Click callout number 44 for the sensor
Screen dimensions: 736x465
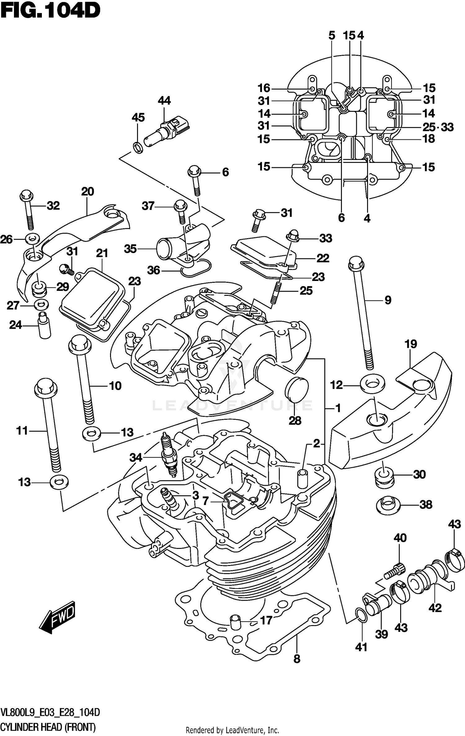(164, 101)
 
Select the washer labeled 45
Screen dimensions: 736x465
(138, 148)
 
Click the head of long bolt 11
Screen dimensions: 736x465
(46, 388)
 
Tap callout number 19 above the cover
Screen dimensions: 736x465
(410, 344)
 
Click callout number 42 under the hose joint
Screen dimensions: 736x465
(435, 608)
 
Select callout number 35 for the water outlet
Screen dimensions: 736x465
(130, 249)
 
